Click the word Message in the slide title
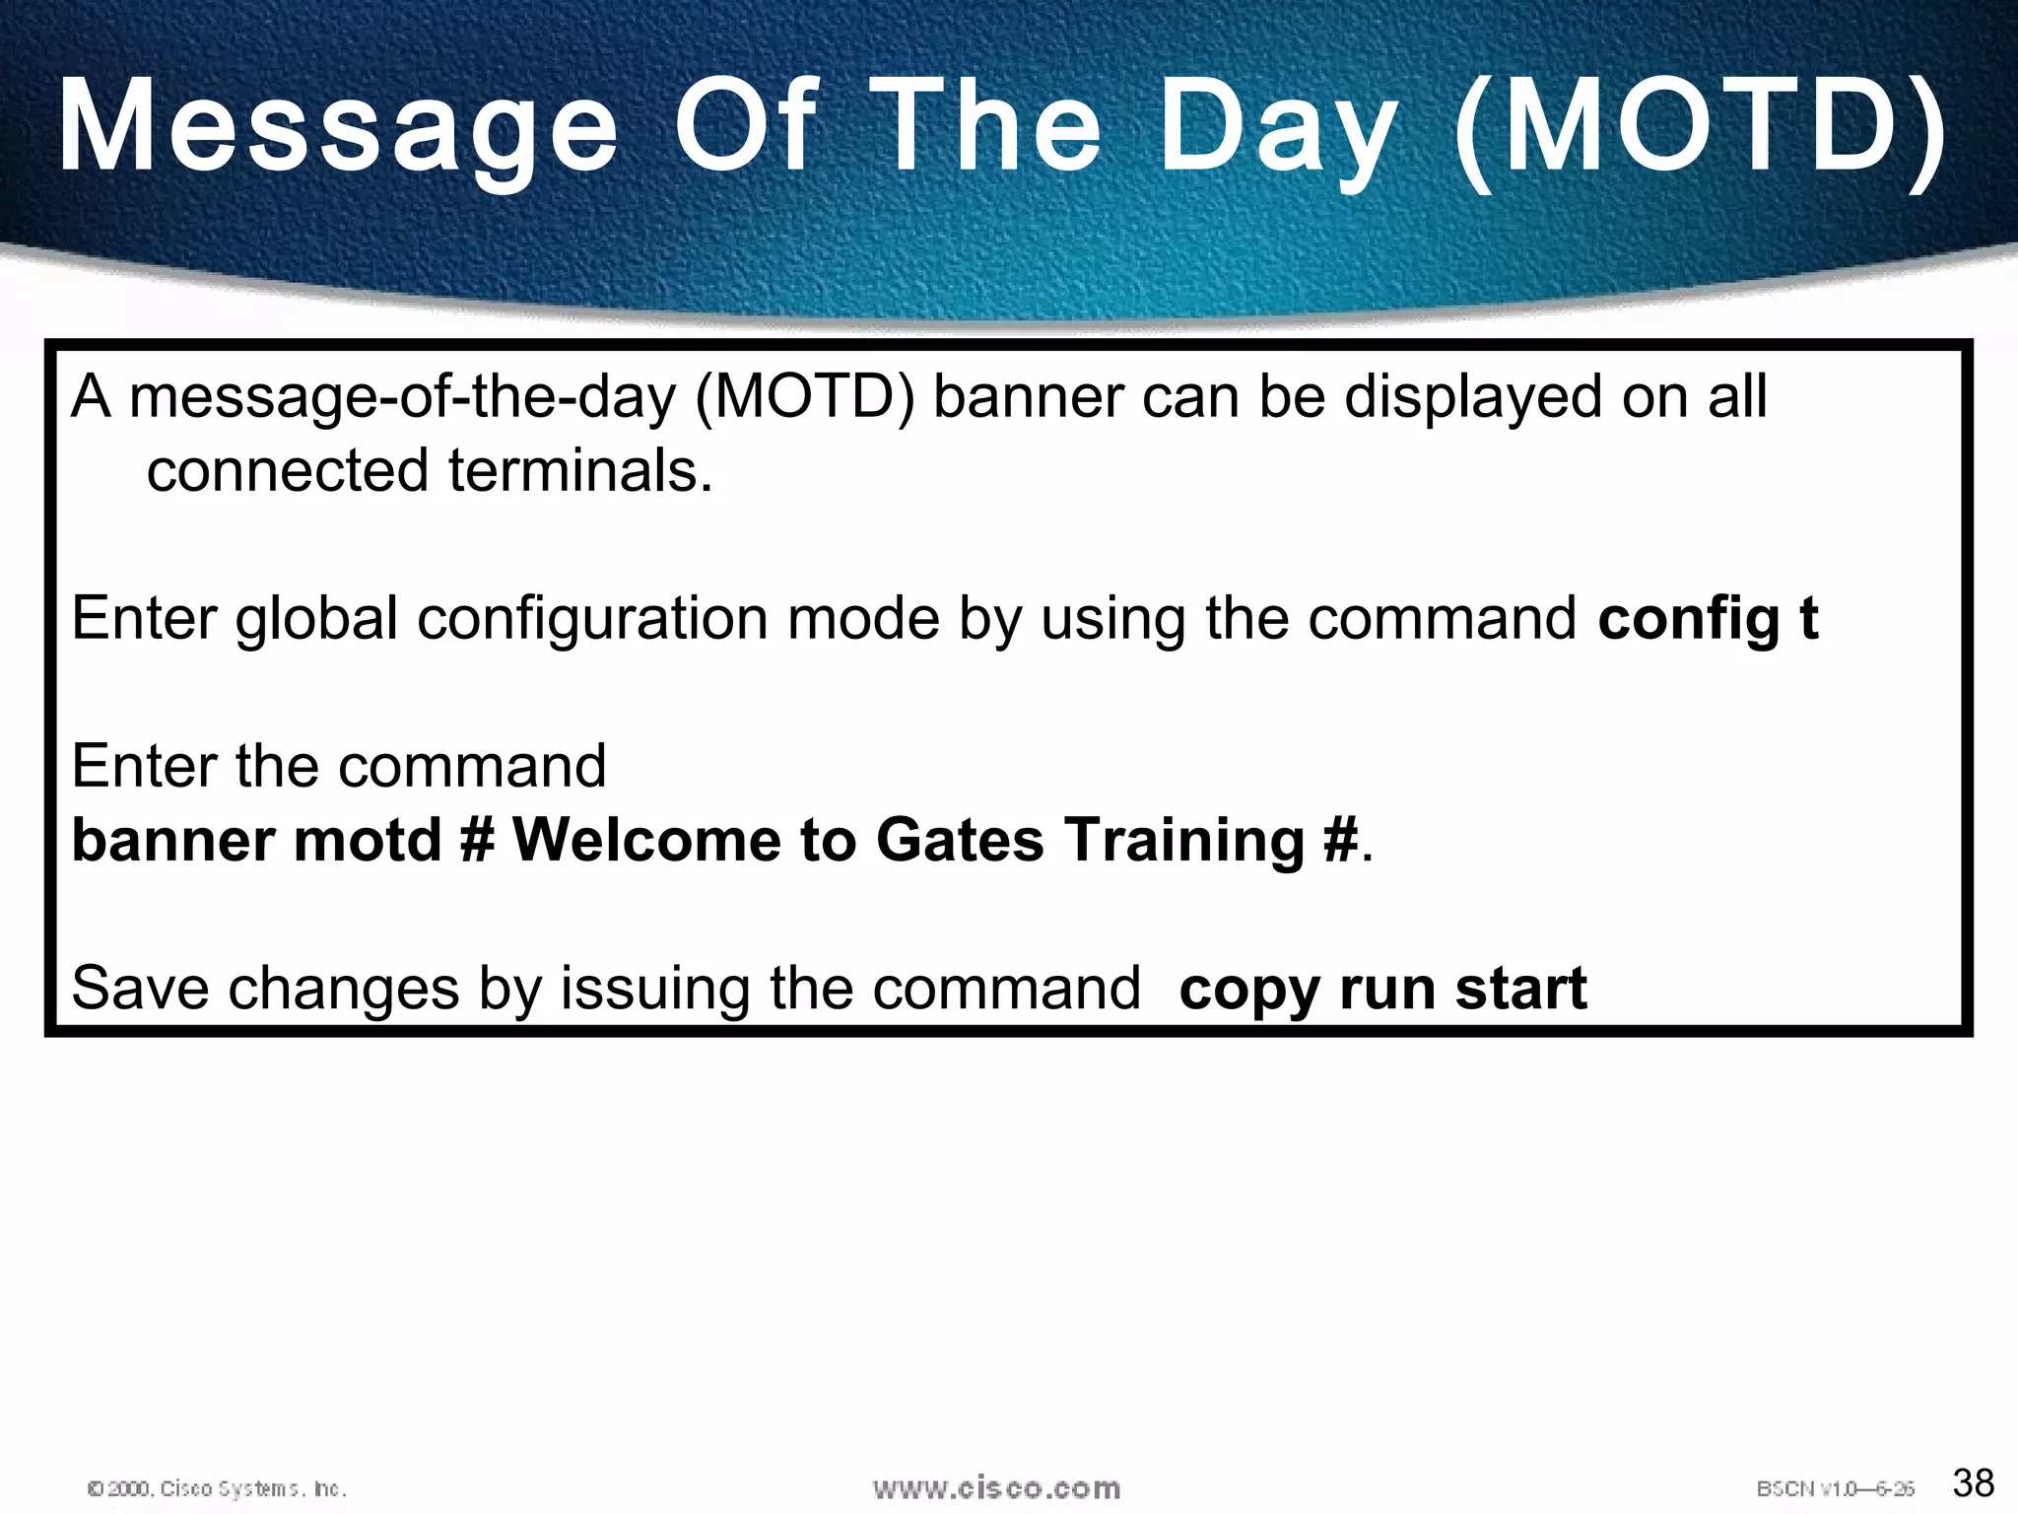(x=338, y=128)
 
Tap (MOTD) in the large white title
(x=1701, y=128)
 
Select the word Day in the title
(x=1278, y=128)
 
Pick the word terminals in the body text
(x=580, y=470)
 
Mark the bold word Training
(x=1185, y=841)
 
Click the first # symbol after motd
(x=478, y=841)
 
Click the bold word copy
(x=1248, y=990)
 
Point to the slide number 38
(x=1973, y=1482)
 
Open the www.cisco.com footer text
(x=996, y=1487)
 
